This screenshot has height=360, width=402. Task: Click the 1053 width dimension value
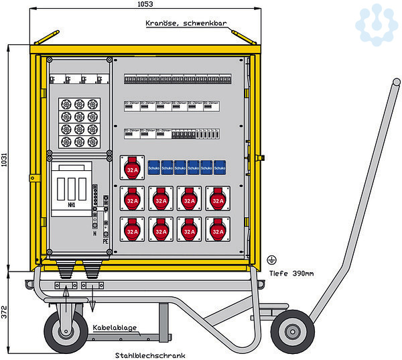coord(145,4)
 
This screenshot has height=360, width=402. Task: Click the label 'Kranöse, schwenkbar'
coord(186,23)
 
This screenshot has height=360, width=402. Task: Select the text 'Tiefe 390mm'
coord(296,273)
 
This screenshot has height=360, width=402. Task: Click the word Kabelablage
coord(115,328)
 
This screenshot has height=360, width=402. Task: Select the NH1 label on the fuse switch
coord(72,206)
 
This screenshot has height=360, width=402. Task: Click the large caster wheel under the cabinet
coord(66,331)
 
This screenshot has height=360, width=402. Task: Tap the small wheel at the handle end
coord(292,331)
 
